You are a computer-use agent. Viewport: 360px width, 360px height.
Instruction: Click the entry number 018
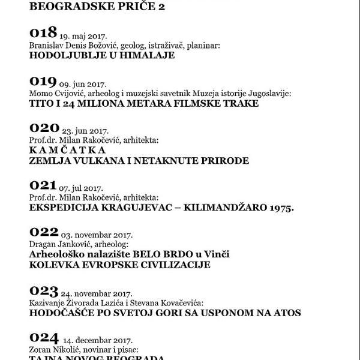[43, 32]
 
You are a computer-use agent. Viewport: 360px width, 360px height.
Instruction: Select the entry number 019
[43, 81]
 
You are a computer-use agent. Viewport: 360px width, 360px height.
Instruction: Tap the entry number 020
[44, 128]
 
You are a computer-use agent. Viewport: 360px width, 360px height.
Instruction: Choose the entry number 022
[43, 233]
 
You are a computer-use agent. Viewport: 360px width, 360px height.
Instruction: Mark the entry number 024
[44, 338]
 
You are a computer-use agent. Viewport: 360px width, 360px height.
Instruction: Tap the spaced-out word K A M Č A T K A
[67, 151]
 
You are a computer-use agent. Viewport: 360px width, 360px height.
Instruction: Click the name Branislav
[46, 46]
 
